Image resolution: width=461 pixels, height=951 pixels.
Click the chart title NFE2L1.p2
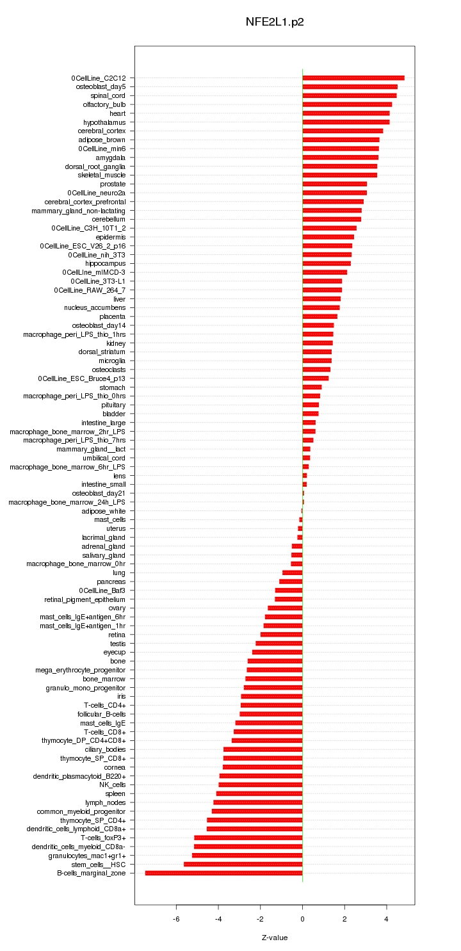275,22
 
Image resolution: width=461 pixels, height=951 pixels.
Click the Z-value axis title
275,938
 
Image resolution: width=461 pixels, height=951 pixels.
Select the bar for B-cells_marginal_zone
223,873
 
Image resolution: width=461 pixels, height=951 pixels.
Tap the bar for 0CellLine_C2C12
353,78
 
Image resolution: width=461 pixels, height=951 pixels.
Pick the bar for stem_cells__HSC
243,864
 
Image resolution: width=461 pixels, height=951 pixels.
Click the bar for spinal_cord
350,95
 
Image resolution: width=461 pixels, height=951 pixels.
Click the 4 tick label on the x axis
386,919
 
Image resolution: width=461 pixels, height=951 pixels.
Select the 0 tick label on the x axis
302,919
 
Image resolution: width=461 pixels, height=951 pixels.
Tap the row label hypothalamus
104,122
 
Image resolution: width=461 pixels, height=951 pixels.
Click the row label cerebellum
108,219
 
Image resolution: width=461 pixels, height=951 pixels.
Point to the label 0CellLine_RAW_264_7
90,290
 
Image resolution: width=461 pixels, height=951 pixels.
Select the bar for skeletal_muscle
339,175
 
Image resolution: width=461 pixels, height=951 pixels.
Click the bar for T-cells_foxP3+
248,838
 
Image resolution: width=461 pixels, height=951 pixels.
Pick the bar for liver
321,299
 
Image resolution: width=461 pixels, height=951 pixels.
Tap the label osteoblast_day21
99,493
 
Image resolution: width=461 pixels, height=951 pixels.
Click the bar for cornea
263,767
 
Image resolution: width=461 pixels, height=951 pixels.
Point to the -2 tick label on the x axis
260,919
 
